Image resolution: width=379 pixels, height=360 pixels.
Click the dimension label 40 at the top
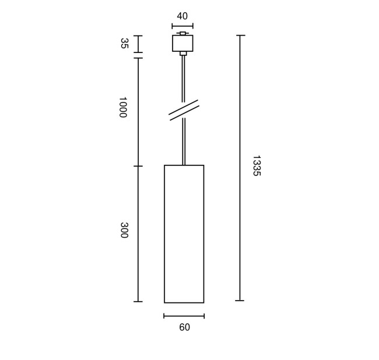(x=183, y=16)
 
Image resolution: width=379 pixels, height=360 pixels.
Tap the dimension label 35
(x=124, y=44)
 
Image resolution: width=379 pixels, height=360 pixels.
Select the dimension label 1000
(x=122, y=107)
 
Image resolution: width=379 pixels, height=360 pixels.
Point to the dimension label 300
(x=124, y=230)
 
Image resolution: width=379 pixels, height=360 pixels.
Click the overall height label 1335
(x=255, y=165)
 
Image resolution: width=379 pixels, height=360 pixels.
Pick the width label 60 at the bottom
(x=184, y=327)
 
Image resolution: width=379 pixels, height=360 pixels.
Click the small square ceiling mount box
(x=183, y=44)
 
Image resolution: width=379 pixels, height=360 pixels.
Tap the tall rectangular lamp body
(x=184, y=234)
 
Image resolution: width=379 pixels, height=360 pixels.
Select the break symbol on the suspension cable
(x=184, y=110)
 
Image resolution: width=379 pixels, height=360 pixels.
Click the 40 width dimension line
(x=183, y=26)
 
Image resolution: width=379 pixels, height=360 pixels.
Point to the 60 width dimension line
(x=184, y=316)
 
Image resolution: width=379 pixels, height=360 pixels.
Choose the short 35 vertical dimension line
(x=138, y=44)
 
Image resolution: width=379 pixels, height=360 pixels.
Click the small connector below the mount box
(x=183, y=54)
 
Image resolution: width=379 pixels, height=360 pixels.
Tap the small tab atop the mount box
(x=183, y=33)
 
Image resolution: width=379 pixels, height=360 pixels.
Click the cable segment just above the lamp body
(x=184, y=143)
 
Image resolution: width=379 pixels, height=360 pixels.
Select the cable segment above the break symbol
(x=183, y=79)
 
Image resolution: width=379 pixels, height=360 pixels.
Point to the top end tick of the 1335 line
(x=240, y=36)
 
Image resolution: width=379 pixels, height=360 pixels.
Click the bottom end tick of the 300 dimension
(x=138, y=301)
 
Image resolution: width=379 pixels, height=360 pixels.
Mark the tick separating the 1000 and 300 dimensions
(x=138, y=166)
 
